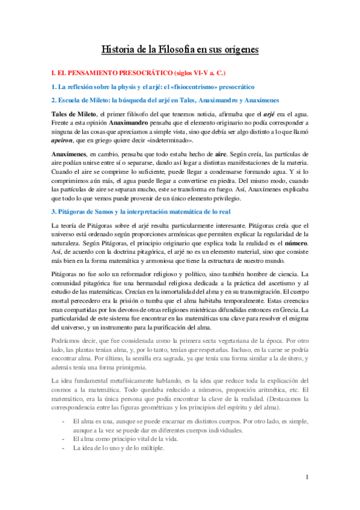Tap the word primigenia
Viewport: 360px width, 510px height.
click(162, 367)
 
